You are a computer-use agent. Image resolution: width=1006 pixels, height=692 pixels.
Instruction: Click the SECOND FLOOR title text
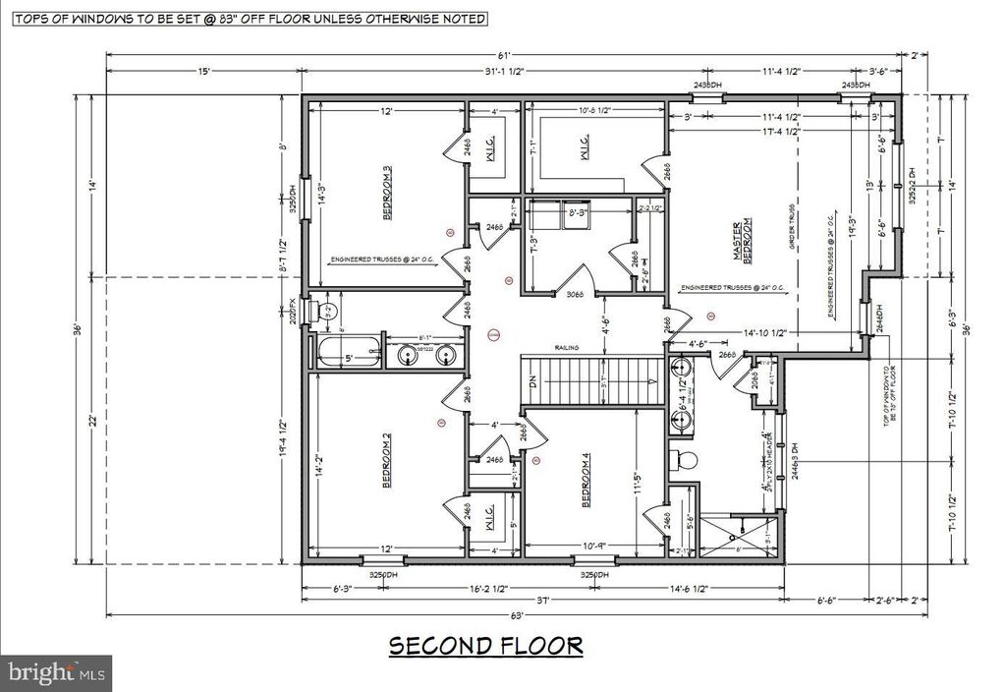coord(485,646)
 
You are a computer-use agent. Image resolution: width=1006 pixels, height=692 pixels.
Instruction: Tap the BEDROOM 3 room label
coord(388,193)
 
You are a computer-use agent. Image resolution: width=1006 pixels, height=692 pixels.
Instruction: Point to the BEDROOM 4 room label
coord(587,484)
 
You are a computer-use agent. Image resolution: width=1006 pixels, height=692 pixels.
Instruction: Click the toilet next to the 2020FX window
coord(327,312)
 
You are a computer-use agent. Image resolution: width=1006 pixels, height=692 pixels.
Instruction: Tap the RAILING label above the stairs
coord(564,347)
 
